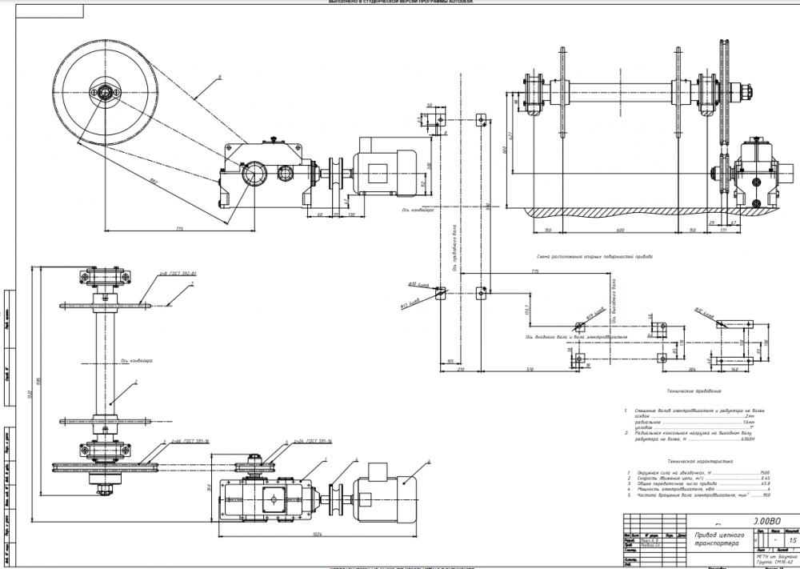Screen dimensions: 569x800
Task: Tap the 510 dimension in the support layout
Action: [x=530, y=370]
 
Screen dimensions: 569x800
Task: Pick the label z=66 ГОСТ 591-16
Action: [x=186, y=441]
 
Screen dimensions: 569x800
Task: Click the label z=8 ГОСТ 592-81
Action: [x=174, y=274]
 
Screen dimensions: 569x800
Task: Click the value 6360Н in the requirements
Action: [x=747, y=439]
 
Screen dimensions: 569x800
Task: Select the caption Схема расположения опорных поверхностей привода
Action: [x=595, y=257]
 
